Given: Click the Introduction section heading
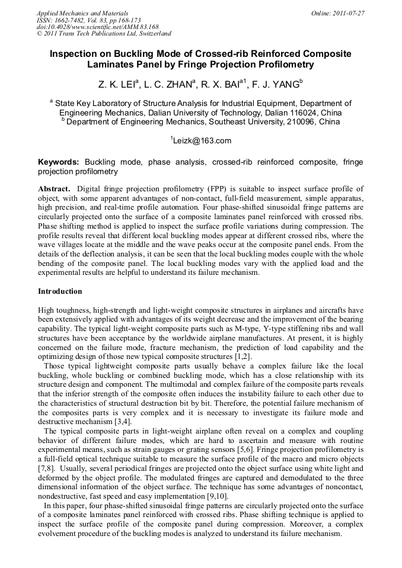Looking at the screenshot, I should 60,291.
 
